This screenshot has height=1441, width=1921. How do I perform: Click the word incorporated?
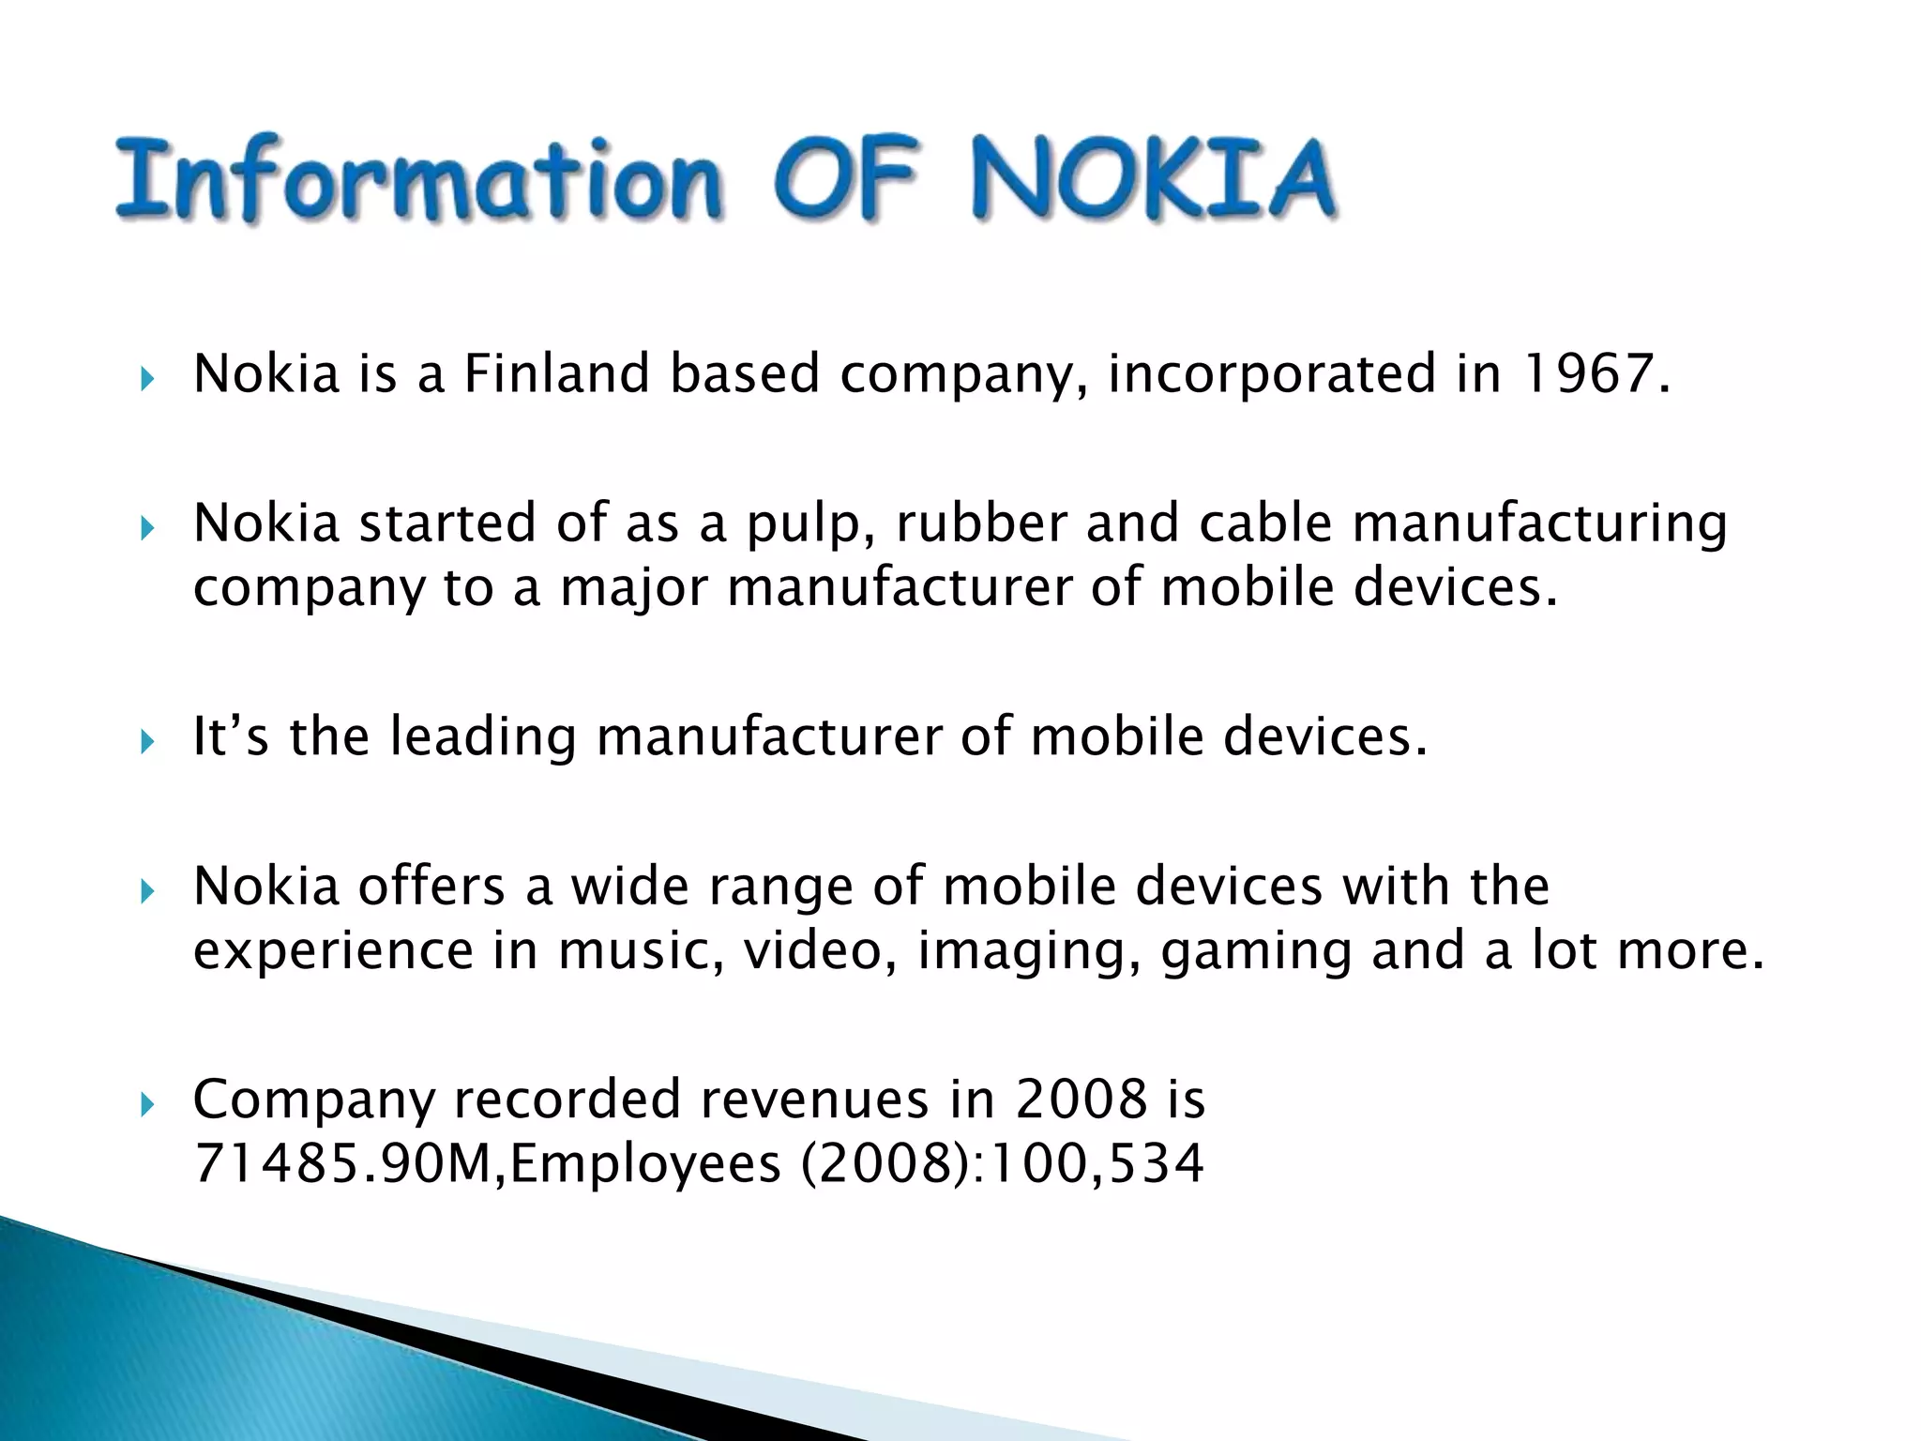[1271, 375]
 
